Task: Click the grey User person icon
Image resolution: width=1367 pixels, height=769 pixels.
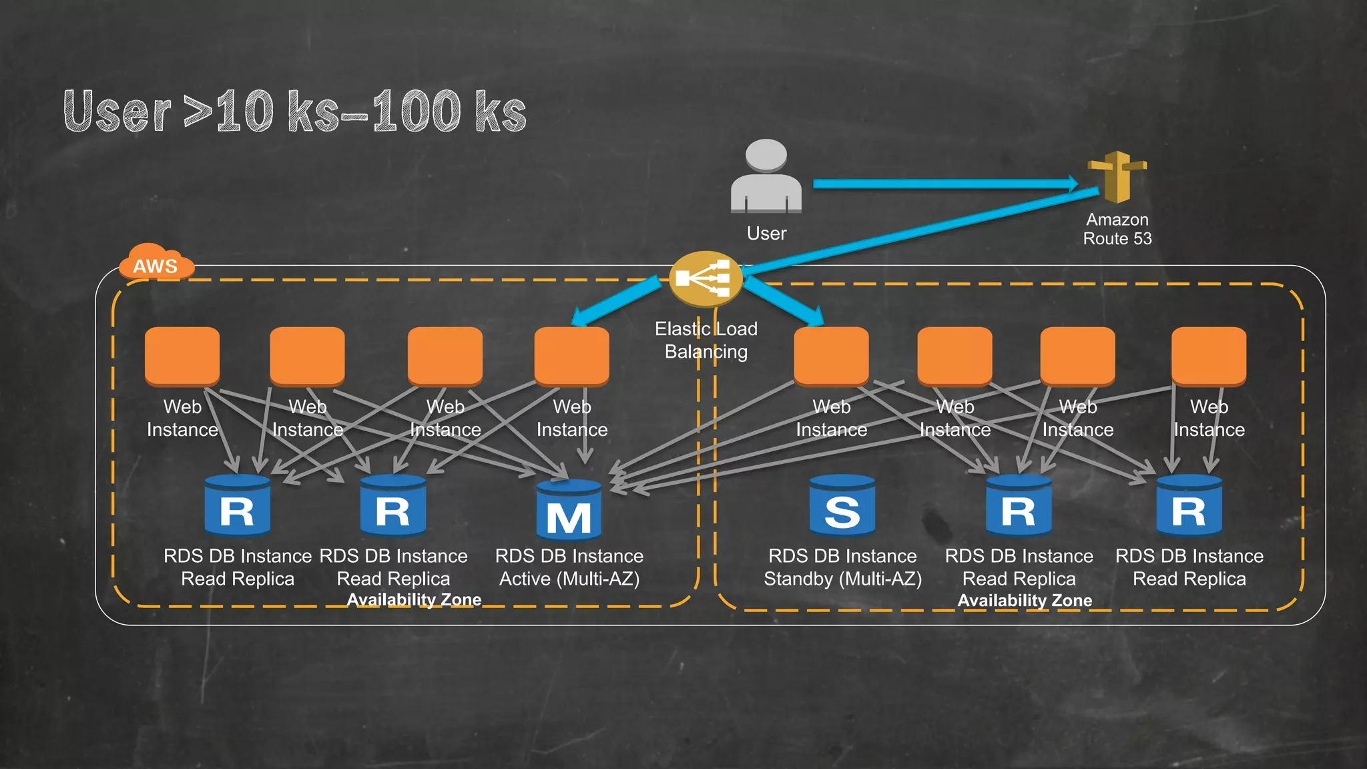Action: click(x=766, y=177)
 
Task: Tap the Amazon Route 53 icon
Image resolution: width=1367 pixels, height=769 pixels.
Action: click(x=1117, y=176)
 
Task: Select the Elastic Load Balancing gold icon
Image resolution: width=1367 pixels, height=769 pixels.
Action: click(x=706, y=279)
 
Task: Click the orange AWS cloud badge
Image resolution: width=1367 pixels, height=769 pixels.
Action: click(x=156, y=263)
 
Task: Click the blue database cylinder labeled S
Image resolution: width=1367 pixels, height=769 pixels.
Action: click(x=842, y=505)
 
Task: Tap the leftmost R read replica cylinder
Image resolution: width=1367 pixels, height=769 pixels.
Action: click(x=237, y=505)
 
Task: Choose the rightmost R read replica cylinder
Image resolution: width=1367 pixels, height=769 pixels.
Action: click(x=1189, y=505)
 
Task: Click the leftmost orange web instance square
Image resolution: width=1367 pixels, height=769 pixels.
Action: click(x=182, y=356)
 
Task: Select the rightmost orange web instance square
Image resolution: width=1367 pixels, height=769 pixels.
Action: click(x=1208, y=356)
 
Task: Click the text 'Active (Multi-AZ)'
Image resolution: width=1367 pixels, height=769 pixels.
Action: click(x=569, y=579)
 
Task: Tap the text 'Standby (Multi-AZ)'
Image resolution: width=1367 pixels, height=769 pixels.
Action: click(x=842, y=579)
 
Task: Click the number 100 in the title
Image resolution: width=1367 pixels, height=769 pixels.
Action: click(x=416, y=111)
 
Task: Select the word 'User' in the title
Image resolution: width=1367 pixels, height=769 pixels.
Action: click(x=117, y=112)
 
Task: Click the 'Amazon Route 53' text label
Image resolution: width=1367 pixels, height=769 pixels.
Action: click(x=1117, y=229)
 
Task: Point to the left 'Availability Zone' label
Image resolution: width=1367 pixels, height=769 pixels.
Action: click(x=414, y=599)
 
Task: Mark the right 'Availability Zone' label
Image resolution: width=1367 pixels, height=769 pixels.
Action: click(x=1025, y=600)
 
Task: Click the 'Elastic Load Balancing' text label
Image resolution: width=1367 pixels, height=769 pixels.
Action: click(x=706, y=340)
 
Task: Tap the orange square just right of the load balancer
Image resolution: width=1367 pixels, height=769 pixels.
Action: click(x=831, y=356)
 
